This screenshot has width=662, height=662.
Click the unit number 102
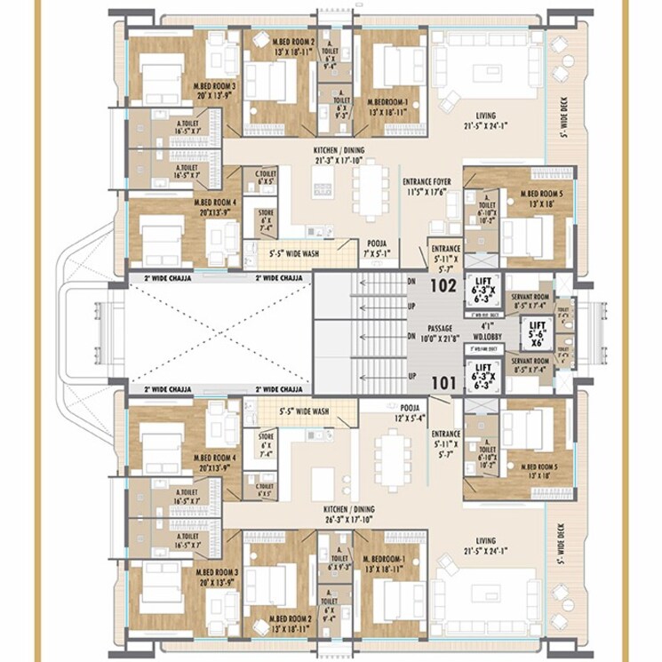point(443,287)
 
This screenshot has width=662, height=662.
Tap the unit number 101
point(443,385)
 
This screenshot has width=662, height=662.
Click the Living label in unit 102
point(485,121)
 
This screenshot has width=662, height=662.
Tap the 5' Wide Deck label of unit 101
point(561,545)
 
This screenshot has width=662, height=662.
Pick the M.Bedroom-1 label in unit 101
point(384,563)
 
